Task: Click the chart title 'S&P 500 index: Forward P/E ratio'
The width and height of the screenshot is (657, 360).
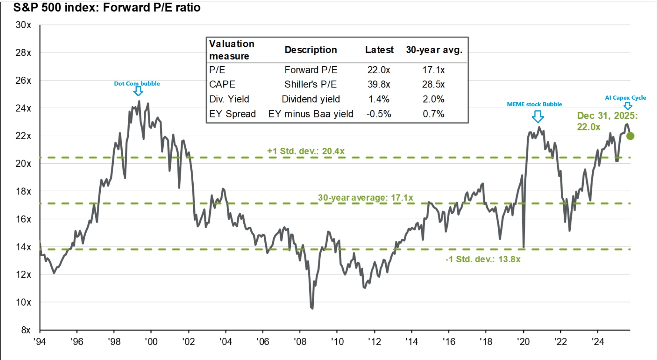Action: click(x=107, y=7)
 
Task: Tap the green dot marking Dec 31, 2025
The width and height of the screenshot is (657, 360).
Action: click(x=630, y=136)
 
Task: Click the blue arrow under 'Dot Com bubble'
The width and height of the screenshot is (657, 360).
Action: click(x=138, y=91)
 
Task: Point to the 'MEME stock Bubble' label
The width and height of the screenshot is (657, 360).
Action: click(x=534, y=104)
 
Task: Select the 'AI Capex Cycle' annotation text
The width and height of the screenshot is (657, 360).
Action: click(x=625, y=98)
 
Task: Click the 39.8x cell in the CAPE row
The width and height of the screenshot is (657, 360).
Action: click(x=378, y=84)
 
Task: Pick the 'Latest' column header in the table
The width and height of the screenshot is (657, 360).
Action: click(x=379, y=50)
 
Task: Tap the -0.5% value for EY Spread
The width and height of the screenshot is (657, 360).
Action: click(x=378, y=114)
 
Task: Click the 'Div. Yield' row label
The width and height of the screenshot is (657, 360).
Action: click(x=229, y=99)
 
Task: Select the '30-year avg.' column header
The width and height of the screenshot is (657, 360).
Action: click(x=434, y=50)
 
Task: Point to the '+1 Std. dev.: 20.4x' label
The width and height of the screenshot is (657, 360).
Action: click(x=306, y=151)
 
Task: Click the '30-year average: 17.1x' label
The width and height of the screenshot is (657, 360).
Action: click(x=365, y=198)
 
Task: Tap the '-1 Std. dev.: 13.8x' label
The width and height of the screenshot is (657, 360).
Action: click(x=483, y=259)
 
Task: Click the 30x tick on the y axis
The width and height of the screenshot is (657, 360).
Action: click(x=23, y=25)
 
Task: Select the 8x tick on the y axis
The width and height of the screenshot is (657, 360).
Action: click(x=26, y=330)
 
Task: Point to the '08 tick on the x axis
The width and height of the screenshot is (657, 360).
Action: click(x=300, y=341)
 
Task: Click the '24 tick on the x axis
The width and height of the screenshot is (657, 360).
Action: click(x=597, y=341)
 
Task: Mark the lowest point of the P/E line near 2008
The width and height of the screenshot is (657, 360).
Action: click(x=312, y=308)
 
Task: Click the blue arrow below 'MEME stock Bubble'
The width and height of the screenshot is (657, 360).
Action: click(x=537, y=117)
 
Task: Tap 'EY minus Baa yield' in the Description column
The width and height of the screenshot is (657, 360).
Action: click(x=310, y=114)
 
